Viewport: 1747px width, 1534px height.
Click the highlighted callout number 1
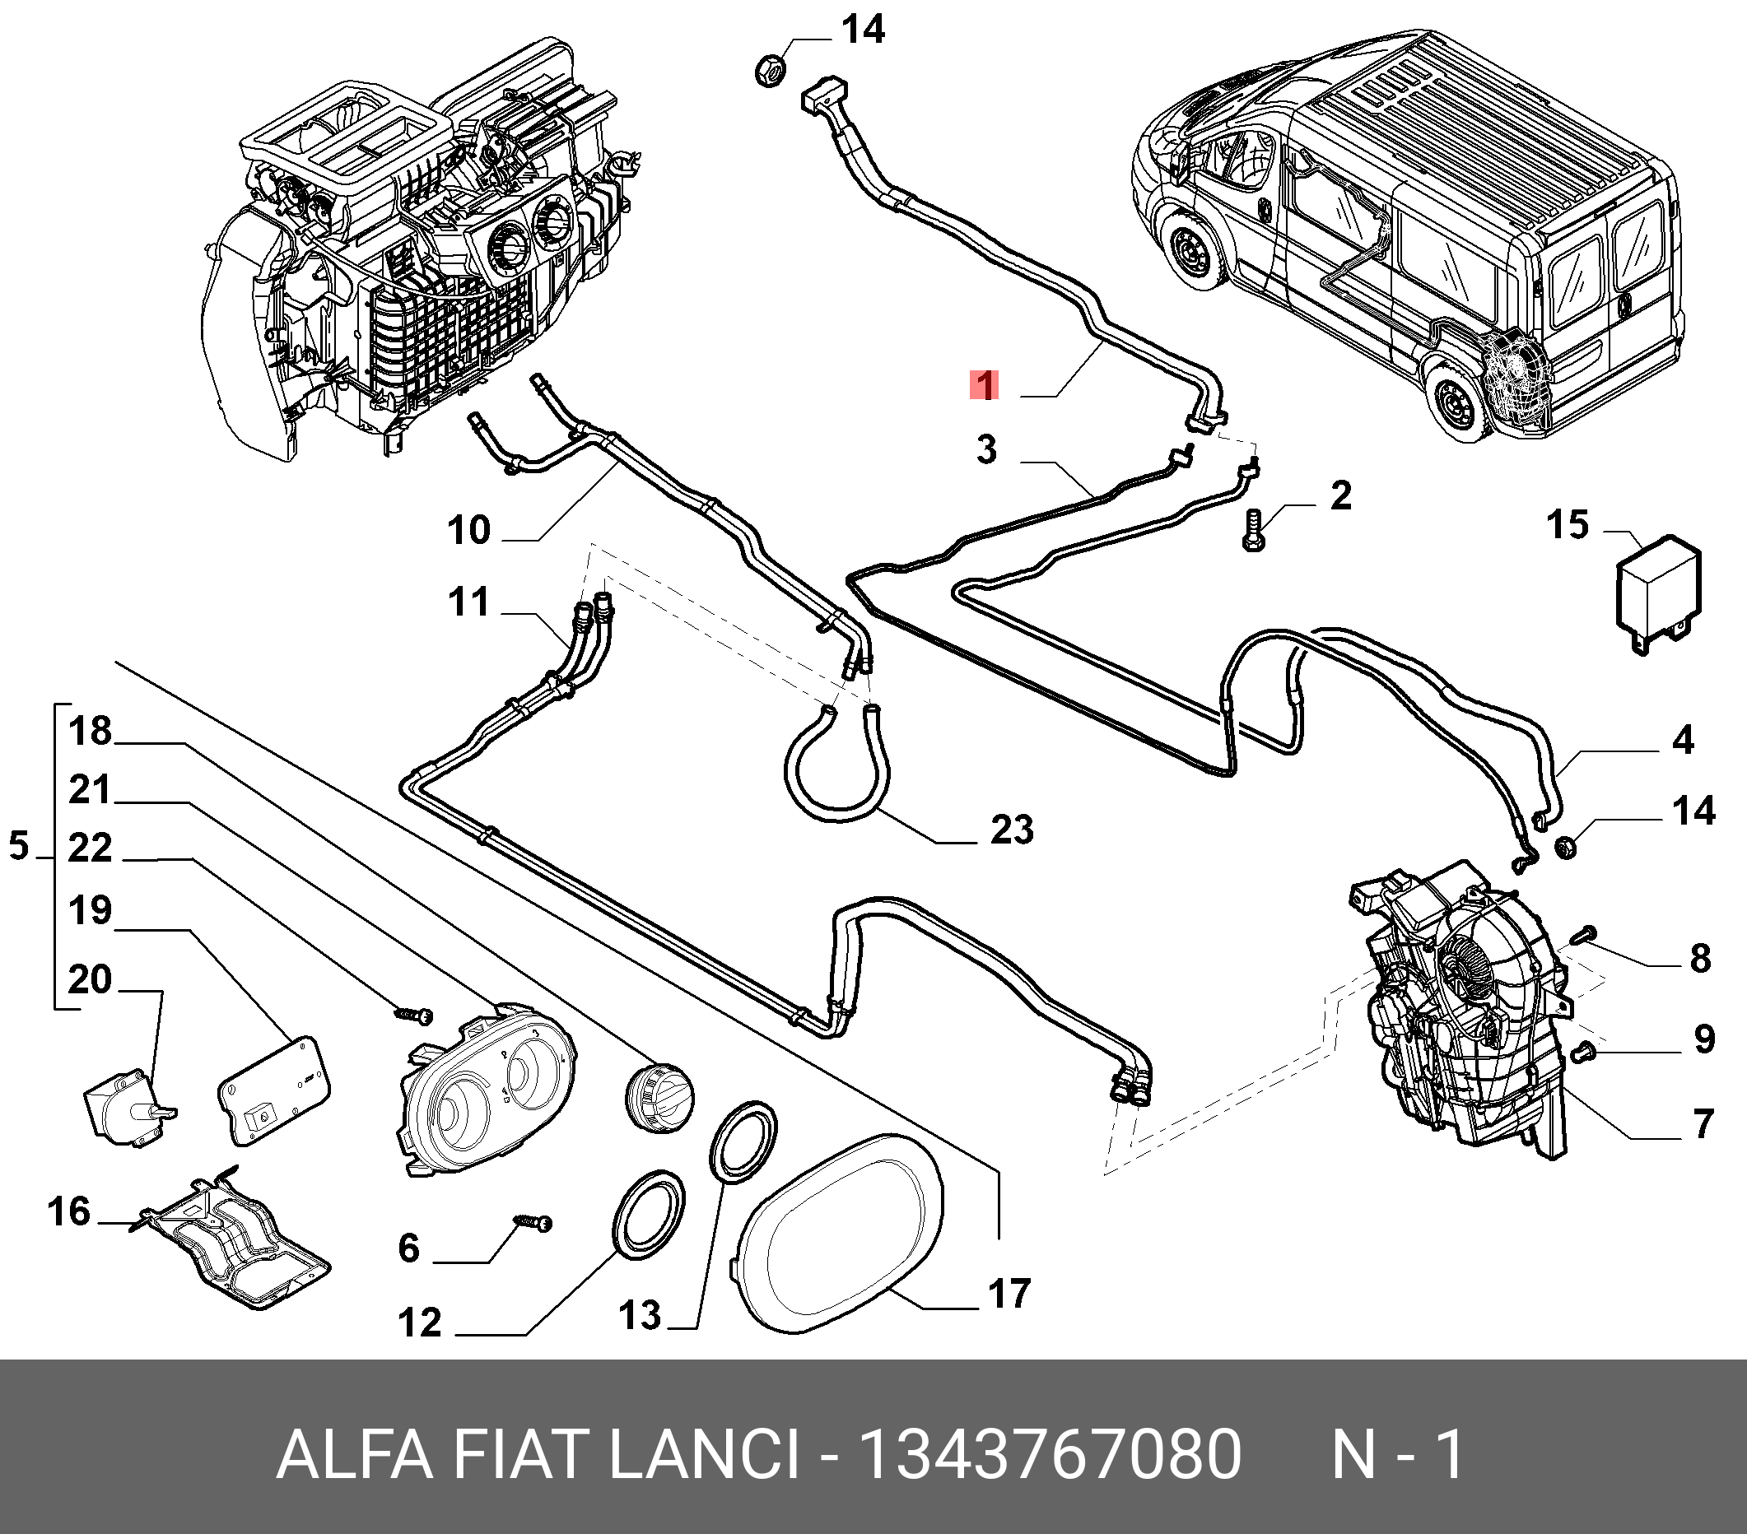pos(985,385)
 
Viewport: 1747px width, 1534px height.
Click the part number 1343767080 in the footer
pos(1050,1453)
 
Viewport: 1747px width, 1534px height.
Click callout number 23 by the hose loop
pos(1012,829)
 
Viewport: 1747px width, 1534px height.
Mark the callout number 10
pos(468,530)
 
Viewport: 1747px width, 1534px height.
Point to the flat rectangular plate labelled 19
pos(273,1089)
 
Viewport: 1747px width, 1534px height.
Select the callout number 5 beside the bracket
pos(19,846)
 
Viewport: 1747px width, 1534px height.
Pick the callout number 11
pos(468,602)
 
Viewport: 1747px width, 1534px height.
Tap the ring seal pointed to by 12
pos(650,1215)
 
